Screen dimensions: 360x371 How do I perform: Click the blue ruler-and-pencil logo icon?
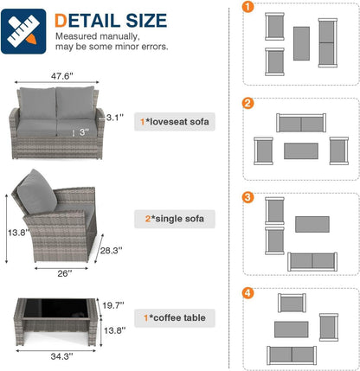[x=23, y=31]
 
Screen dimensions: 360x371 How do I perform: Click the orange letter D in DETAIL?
[x=61, y=21]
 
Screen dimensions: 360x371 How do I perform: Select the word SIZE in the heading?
[x=146, y=21]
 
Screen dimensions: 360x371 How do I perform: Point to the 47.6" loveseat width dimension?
[x=62, y=76]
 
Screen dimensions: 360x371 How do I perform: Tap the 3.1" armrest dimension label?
[x=115, y=118]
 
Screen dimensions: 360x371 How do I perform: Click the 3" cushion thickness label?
[x=84, y=132]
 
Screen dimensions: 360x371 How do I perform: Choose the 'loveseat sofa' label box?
[x=175, y=122]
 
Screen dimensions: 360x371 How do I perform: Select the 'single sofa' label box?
[x=175, y=219]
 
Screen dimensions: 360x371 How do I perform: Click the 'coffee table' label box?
[x=175, y=318]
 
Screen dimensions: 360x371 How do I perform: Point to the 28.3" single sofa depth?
[x=111, y=251]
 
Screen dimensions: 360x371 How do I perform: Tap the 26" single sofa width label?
[x=64, y=273]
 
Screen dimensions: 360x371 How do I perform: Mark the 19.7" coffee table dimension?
[x=113, y=305]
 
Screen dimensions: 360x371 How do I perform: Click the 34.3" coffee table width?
[x=61, y=356]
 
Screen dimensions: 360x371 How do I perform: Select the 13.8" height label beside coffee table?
[x=115, y=330]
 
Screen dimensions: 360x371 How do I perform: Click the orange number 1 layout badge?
[x=247, y=7]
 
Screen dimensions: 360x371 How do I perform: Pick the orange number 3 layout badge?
[x=247, y=197]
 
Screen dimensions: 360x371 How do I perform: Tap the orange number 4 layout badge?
[x=247, y=293]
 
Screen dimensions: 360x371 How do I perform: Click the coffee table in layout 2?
[x=301, y=151]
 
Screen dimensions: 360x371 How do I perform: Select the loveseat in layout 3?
[x=312, y=262]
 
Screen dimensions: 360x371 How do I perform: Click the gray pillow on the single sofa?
[x=36, y=192]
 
